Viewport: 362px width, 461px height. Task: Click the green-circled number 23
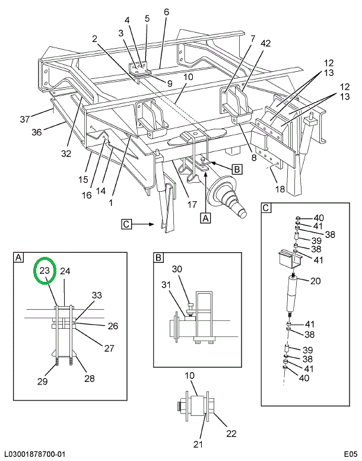tap(45, 271)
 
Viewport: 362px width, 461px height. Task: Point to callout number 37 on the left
tap(25, 119)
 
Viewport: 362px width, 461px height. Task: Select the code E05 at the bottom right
tap(347, 454)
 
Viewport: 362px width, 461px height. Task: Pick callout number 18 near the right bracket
tap(280, 189)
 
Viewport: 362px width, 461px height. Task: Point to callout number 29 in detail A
tap(43, 381)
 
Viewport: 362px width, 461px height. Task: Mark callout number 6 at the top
tap(166, 12)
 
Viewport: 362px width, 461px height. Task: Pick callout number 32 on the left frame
tap(65, 154)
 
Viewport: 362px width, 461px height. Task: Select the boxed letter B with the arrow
tap(237, 169)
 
